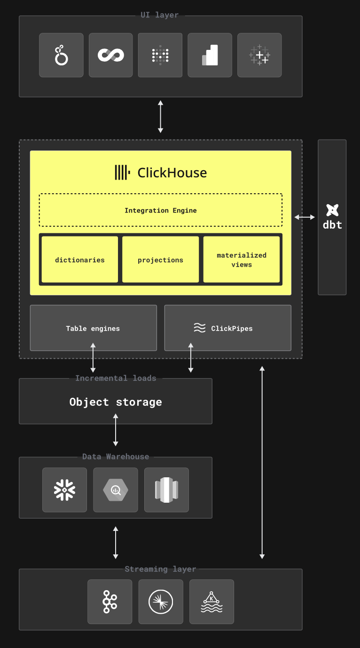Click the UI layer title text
coord(160,15)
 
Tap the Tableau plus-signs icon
coord(259,55)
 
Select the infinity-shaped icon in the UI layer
coord(111,55)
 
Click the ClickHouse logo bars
coord(122,173)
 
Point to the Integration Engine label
coord(160,210)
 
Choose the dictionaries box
coord(80,260)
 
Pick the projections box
coord(160,260)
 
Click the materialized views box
coord(242,260)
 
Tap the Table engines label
coord(93,328)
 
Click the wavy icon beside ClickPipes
coord(200,328)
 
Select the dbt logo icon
coord(332,210)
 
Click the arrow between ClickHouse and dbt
coord(305,217)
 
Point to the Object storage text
coord(115,402)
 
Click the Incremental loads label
coord(116,378)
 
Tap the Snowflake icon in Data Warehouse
coord(64,490)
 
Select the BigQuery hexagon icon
coord(116,490)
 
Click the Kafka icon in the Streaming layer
coord(110,601)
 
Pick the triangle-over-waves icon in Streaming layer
coord(211,602)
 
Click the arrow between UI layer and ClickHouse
coord(160,117)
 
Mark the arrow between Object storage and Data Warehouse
coord(115,430)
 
